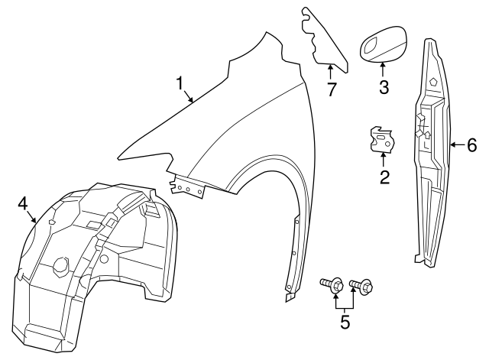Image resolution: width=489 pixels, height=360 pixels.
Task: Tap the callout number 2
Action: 384,177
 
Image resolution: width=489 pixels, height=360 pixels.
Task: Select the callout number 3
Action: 384,86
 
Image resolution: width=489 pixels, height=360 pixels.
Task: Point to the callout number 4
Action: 23,203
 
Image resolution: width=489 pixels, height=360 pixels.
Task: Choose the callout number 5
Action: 345,322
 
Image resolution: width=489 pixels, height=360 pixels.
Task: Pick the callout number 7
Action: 332,89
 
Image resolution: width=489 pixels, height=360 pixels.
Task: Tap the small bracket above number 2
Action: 382,138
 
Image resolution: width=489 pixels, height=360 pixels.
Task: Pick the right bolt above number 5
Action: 361,287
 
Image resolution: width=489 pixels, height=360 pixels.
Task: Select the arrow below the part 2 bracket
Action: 384,159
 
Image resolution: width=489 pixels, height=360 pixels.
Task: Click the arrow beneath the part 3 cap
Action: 383,68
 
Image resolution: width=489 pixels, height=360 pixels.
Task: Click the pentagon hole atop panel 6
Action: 432,81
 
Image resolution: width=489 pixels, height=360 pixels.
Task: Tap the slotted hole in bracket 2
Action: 381,131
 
